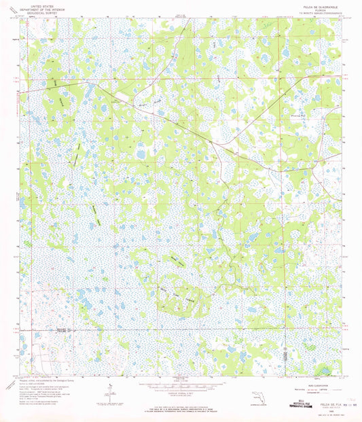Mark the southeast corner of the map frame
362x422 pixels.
point(342,375)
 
